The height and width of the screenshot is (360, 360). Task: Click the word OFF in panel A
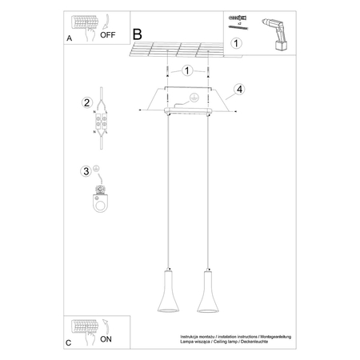[106, 36]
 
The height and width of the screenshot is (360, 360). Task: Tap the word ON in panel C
[105, 339]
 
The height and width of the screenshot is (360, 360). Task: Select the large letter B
[137, 34]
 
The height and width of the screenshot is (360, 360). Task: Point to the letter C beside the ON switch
[69, 342]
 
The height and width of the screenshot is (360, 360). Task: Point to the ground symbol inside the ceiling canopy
[190, 98]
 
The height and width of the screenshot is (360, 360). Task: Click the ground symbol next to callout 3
[97, 169]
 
